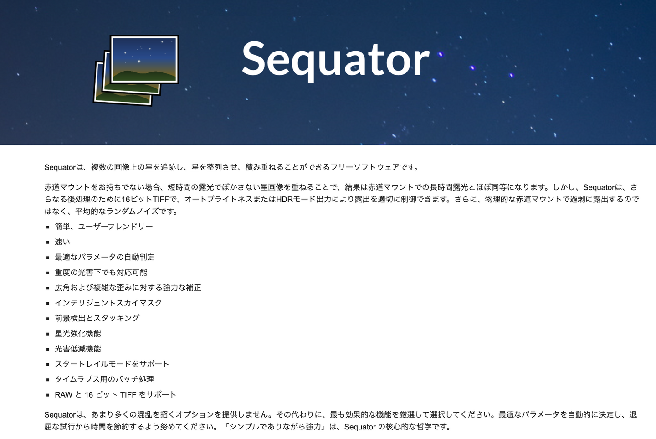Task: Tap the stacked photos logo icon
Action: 136,70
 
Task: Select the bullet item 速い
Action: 62,242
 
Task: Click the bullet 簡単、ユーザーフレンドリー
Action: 104,227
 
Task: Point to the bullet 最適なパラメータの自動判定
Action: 105,257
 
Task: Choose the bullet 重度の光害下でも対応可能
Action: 101,272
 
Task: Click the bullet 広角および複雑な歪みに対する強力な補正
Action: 128,288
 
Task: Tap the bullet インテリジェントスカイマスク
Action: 108,303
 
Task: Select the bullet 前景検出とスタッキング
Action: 97,318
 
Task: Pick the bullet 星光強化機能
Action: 78,333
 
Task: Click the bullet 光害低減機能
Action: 78,348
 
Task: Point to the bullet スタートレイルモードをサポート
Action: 112,364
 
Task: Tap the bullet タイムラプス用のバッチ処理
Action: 104,379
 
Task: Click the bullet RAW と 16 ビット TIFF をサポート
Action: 116,394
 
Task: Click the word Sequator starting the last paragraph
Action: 60,415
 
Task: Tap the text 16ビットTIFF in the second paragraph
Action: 145,199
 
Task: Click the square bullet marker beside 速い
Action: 48,243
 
